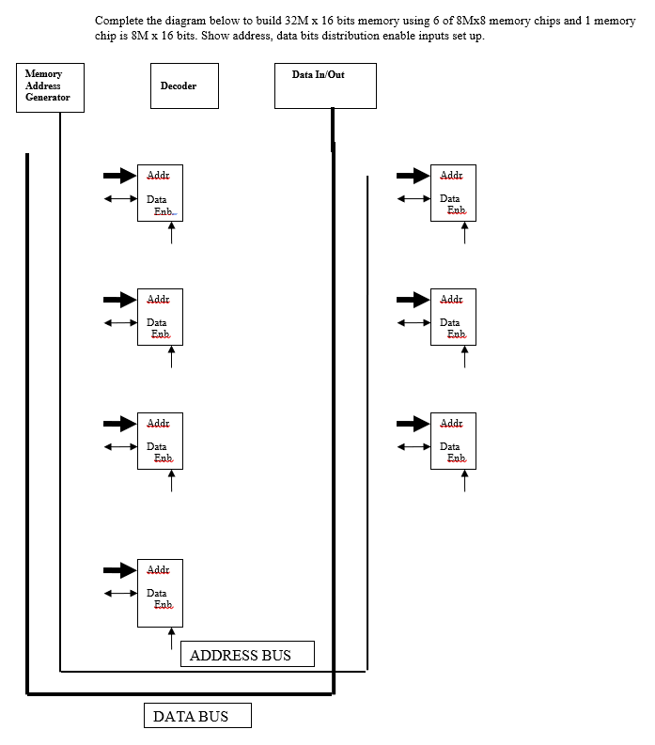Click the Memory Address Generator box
[50, 87]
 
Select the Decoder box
[184, 85]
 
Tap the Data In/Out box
[325, 85]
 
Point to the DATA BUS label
[197, 716]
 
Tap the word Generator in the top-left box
[47, 98]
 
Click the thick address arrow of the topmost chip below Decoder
[119, 176]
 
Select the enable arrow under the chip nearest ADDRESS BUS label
[171, 639]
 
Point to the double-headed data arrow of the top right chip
[413, 198]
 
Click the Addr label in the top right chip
[451, 176]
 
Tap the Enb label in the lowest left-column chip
[163, 605]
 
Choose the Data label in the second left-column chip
[156, 322]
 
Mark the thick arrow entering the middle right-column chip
[413, 300]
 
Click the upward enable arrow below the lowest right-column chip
[464, 480]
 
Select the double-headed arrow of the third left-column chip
[119, 446]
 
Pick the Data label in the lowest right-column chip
[449, 446]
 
